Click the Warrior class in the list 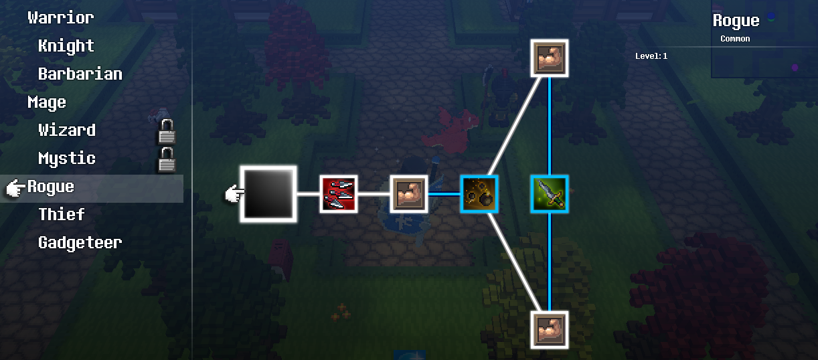pyautogui.click(x=61, y=18)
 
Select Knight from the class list pyautogui.click(x=66, y=46)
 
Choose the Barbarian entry pyautogui.click(x=80, y=74)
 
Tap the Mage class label pyautogui.click(x=47, y=102)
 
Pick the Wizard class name pyautogui.click(x=67, y=130)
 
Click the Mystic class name pyautogui.click(x=67, y=159)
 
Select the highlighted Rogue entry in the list pyautogui.click(x=51, y=187)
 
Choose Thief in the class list pyautogui.click(x=62, y=214)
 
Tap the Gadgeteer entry pyautogui.click(x=80, y=242)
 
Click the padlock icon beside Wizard pyautogui.click(x=167, y=131)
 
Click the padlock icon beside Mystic pyautogui.click(x=167, y=159)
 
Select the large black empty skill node pyautogui.click(x=268, y=194)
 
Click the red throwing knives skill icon pyautogui.click(x=339, y=194)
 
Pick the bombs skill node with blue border pyautogui.click(x=479, y=194)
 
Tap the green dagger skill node pyautogui.click(x=550, y=194)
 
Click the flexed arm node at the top pyautogui.click(x=550, y=58)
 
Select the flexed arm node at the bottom pyautogui.click(x=550, y=330)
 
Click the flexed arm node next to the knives pyautogui.click(x=409, y=194)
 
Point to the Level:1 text pyautogui.click(x=651, y=56)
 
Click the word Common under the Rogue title pyautogui.click(x=735, y=39)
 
